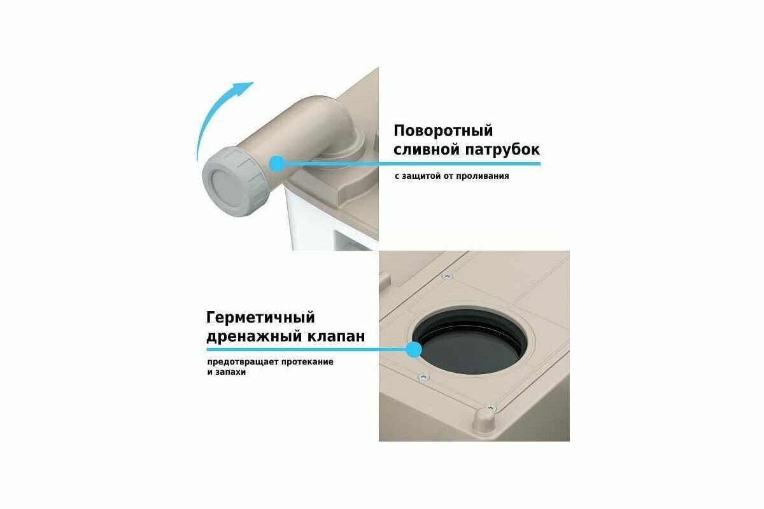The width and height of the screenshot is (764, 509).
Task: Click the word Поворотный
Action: point(443,131)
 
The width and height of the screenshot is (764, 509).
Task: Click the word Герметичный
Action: point(260,318)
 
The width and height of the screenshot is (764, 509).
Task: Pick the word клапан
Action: point(336,337)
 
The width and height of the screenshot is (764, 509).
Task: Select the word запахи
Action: point(230,372)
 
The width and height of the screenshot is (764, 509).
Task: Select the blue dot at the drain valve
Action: point(414,350)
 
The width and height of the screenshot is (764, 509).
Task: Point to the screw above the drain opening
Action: point(448,277)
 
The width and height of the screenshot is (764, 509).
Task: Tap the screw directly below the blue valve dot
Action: point(423,377)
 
